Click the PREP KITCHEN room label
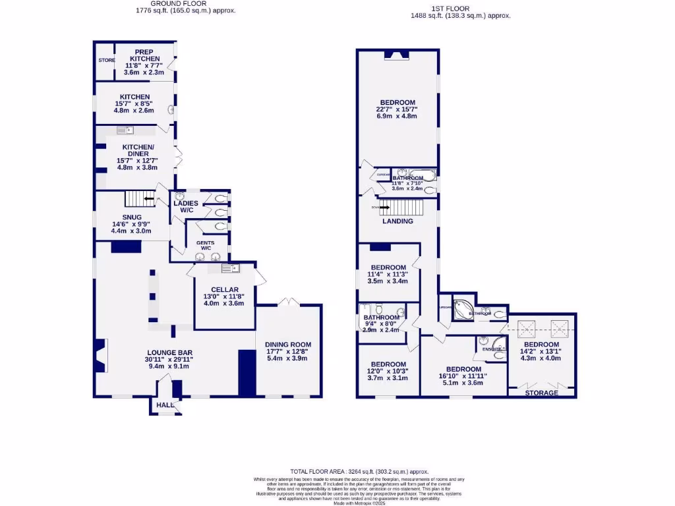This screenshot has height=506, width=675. tap(144, 55)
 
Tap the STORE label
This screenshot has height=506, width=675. tap(106, 60)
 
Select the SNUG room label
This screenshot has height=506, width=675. tap(131, 217)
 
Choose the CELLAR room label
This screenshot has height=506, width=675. tap(224, 290)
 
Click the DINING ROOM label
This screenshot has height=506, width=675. tap(287, 345)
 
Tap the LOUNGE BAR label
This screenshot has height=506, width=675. tap(169, 353)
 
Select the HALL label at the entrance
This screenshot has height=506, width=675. tap(164, 405)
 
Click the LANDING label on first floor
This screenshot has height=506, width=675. tap(397, 221)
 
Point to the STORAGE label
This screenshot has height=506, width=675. tap(541, 393)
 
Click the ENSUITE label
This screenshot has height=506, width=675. tap(490, 349)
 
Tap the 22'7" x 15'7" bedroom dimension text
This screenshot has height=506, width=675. tap(396, 109)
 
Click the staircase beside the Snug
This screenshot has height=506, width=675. tap(139, 198)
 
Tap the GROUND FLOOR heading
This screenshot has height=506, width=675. tap(176, 3)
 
